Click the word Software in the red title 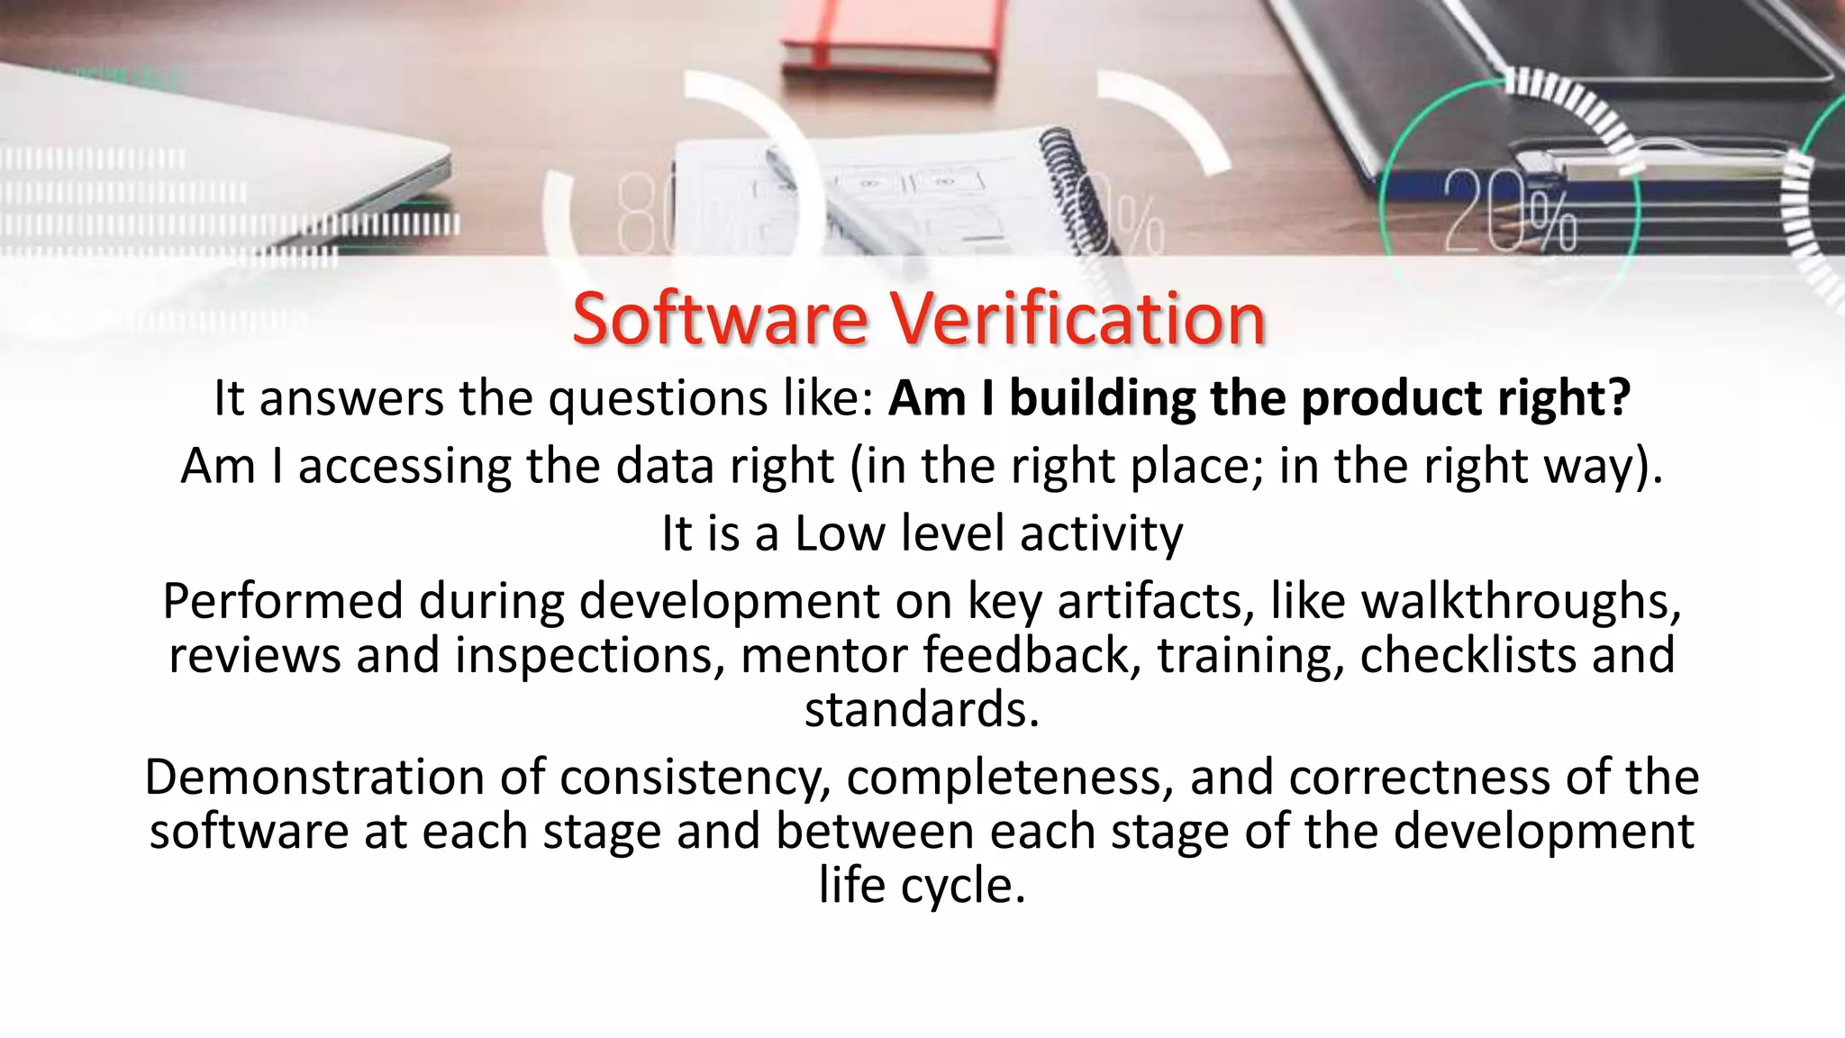[x=720, y=319]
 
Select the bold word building [x=1102, y=397]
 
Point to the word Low [x=840, y=533]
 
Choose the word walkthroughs [x=1521, y=600]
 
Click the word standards [x=922, y=709]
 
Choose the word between [x=874, y=831]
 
